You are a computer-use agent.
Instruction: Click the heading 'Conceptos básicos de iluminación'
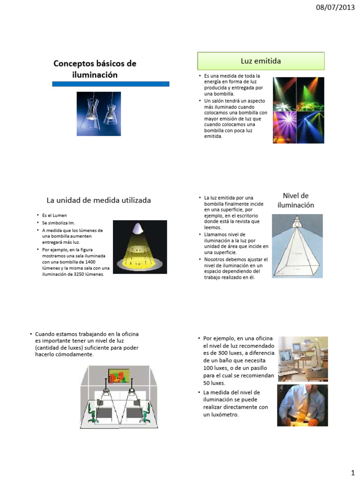pyautogui.click(x=95, y=69)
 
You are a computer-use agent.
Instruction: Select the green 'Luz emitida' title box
pyautogui.click(x=261, y=61)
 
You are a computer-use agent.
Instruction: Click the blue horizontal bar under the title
pyautogui.click(x=110, y=83)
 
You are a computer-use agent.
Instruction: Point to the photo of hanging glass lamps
pyautogui.click(x=99, y=113)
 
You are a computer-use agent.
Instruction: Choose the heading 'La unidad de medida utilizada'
pyautogui.click(x=98, y=200)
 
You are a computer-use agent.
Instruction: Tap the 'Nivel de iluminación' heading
pyautogui.click(x=295, y=200)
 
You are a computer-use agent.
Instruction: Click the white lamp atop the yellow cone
pyautogui.click(x=138, y=228)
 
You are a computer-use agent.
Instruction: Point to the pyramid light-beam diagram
pyautogui.click(x=298, y=248)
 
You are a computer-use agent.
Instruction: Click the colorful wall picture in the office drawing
pyautogui.click(x=118, y=376)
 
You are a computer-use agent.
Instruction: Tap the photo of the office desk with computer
pyautogui.click(x=301, y=359)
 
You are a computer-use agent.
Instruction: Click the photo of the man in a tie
pyautogui.click(x=301, y=405)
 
